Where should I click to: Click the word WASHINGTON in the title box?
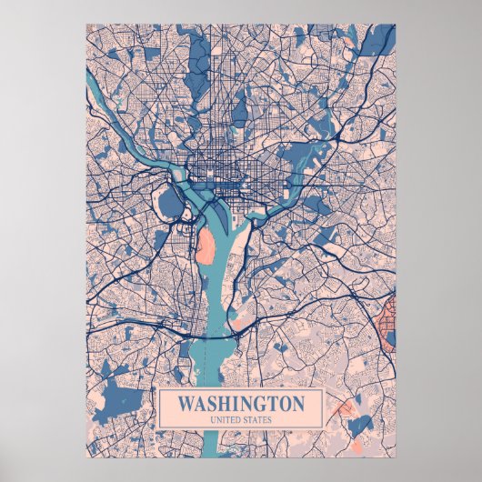click(241, 403)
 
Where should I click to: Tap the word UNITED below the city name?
click(226, 419)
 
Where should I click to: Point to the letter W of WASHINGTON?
click(186, 403)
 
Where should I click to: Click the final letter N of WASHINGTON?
click(298, 403)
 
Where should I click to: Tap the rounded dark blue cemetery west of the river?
click(170, 201)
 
